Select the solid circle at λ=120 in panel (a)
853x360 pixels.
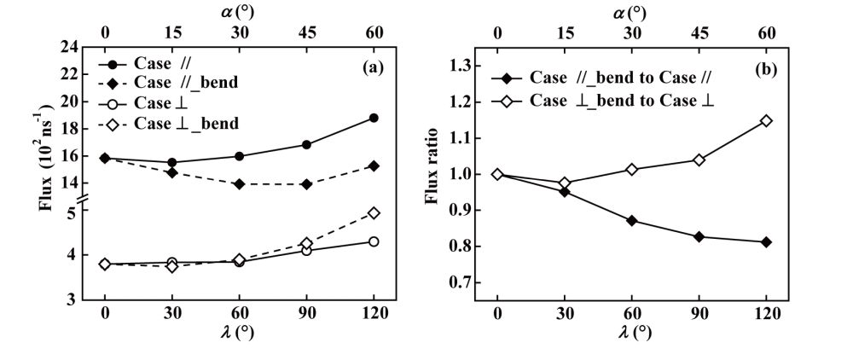[x=374, y=118]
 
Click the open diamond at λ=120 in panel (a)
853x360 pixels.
[x=374, y=212]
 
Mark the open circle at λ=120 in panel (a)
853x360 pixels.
[x=374, y=241]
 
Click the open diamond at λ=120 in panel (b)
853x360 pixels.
[x=766, y=120]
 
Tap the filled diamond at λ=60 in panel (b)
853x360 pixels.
[x=632, y=220]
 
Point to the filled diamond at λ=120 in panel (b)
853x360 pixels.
[x=766, y=242]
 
